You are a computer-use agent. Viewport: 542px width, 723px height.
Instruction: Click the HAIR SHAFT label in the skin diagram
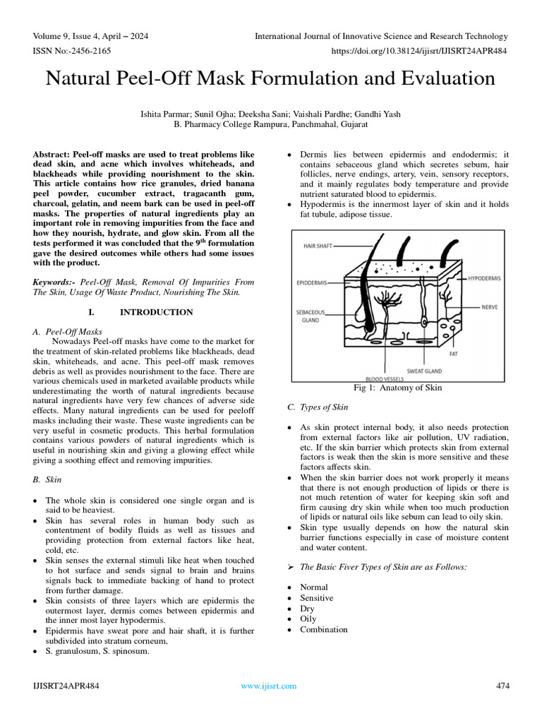318,246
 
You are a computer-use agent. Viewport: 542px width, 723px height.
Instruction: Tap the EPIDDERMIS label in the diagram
311,282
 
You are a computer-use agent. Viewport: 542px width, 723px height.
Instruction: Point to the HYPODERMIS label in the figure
484,279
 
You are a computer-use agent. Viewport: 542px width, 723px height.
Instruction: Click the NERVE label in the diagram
490,307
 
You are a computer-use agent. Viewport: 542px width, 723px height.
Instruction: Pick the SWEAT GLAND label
425,370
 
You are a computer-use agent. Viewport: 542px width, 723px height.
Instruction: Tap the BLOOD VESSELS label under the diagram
384,379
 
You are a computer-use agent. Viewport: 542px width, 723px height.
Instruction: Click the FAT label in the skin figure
453,354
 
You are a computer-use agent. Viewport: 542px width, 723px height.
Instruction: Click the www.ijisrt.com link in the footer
268,686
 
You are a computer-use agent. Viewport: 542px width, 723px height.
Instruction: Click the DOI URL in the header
418,52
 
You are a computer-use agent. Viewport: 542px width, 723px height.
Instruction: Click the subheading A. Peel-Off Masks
68,331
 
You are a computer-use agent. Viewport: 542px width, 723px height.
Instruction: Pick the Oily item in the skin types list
308,619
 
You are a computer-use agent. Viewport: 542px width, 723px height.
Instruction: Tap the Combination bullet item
323,630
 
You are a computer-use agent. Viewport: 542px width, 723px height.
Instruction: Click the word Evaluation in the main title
442,78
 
